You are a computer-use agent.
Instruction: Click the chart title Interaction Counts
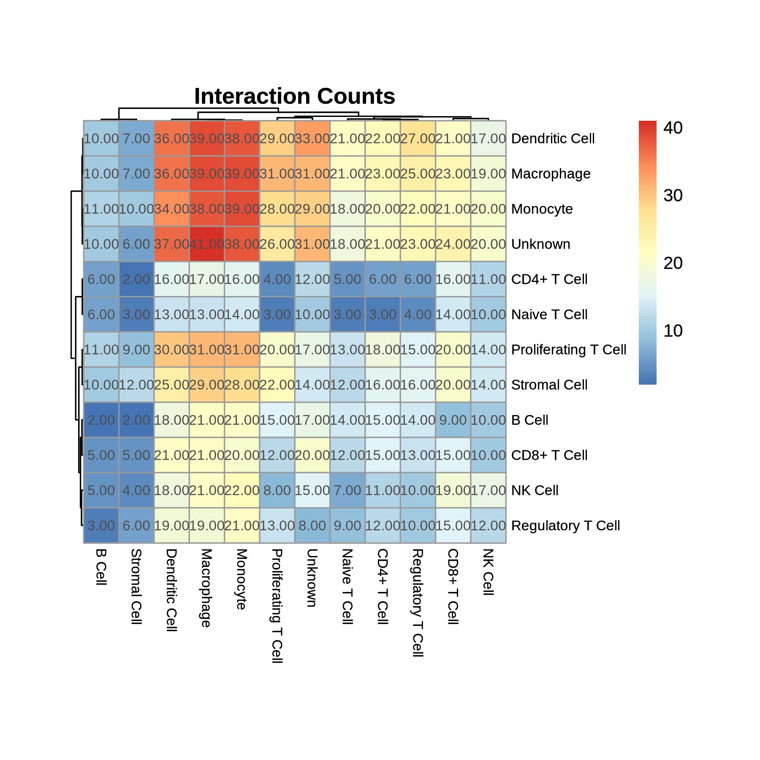click(295, 97)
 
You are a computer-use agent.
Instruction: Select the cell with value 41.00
click(207, 244)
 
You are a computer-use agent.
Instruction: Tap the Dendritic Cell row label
click(553, 138)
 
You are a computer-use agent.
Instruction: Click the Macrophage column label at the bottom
click(205, 588)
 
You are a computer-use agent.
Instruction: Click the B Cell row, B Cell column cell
click(101, 420)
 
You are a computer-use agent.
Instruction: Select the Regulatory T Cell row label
click(565, 526)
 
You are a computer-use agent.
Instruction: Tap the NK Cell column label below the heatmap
click(488, 572)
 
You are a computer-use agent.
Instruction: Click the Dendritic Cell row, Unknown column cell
click(312, 138)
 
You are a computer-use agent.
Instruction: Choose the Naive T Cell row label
click(549, 315)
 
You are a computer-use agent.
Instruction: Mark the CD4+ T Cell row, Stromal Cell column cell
click(136, 279)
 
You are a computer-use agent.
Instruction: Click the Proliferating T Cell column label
click(277, 606)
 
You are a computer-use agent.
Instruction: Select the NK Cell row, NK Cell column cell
click(489, 490)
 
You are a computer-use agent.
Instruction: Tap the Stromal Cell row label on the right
click(549, 385)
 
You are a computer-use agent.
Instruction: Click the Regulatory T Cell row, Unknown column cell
click(312, 526)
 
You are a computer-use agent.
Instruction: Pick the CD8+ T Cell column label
click(453, 586)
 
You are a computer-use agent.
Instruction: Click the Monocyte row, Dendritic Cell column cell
click(172, 209)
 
